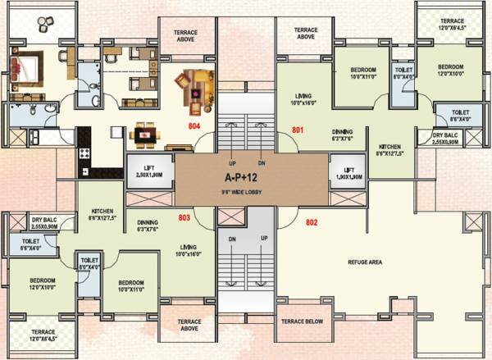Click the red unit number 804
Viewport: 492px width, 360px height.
pyautogui.click(x=194, y=126)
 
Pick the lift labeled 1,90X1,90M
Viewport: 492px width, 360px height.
pyautogui.click(x=348, y=172)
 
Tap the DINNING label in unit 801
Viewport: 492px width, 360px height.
pyautogui.click(x=344, y=131)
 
